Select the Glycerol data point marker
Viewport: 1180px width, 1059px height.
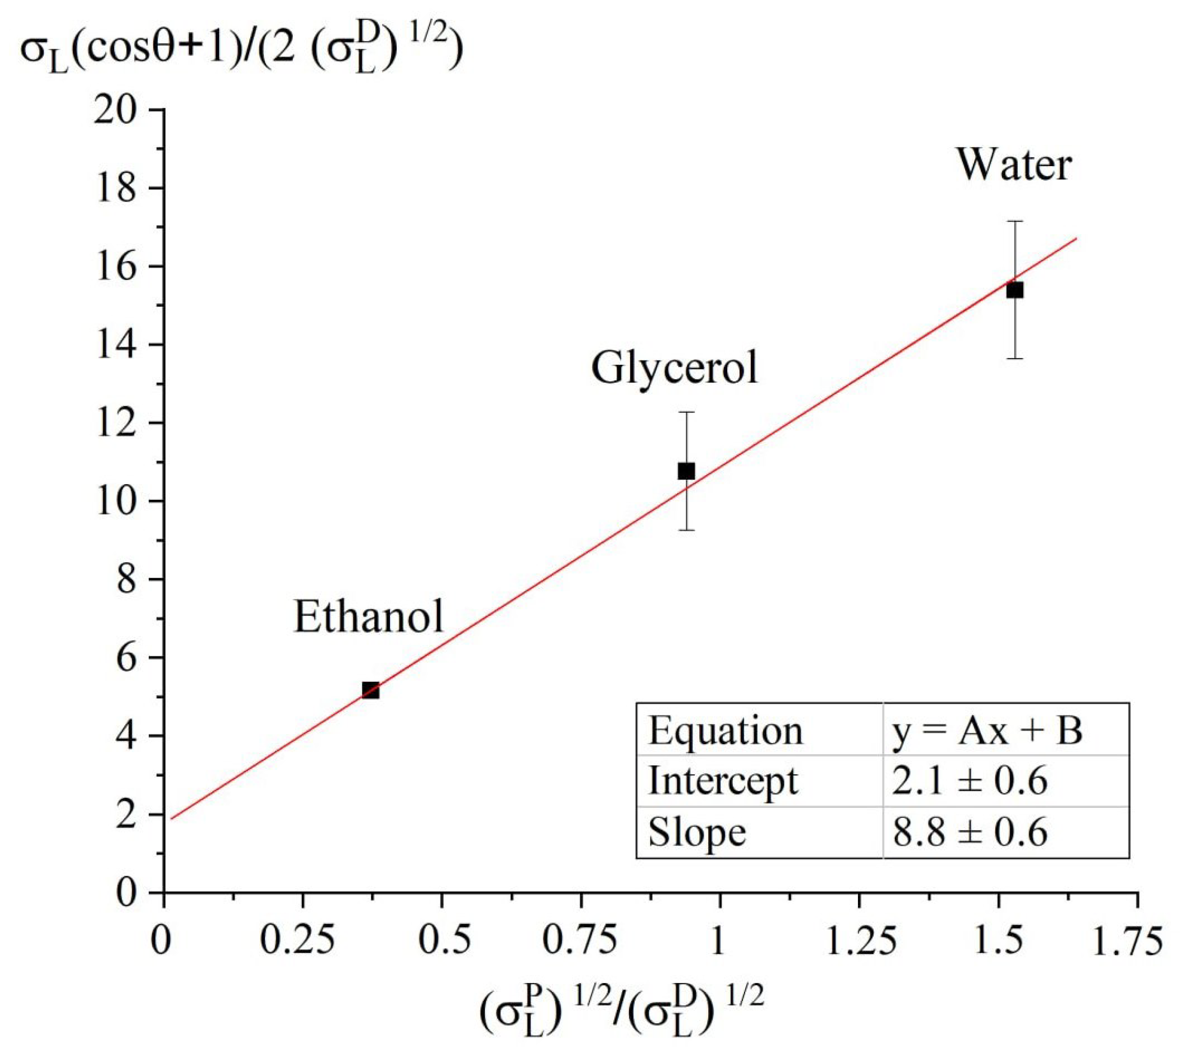687,471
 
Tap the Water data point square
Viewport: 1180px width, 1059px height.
1015,290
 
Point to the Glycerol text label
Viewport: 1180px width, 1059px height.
675,368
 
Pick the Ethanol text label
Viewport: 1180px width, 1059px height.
368,616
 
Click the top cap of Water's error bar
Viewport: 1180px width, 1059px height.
1015,222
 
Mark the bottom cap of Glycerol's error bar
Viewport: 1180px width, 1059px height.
687,530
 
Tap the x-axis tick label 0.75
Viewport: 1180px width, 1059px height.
580,941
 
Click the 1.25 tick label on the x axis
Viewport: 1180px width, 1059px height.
860,941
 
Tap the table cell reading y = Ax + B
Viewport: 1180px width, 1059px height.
987,731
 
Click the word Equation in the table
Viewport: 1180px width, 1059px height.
725,731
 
